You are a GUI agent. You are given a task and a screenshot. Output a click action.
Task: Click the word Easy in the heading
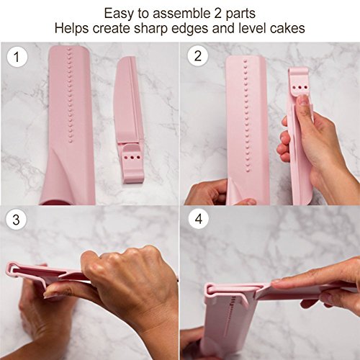click(x=119, y=14)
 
